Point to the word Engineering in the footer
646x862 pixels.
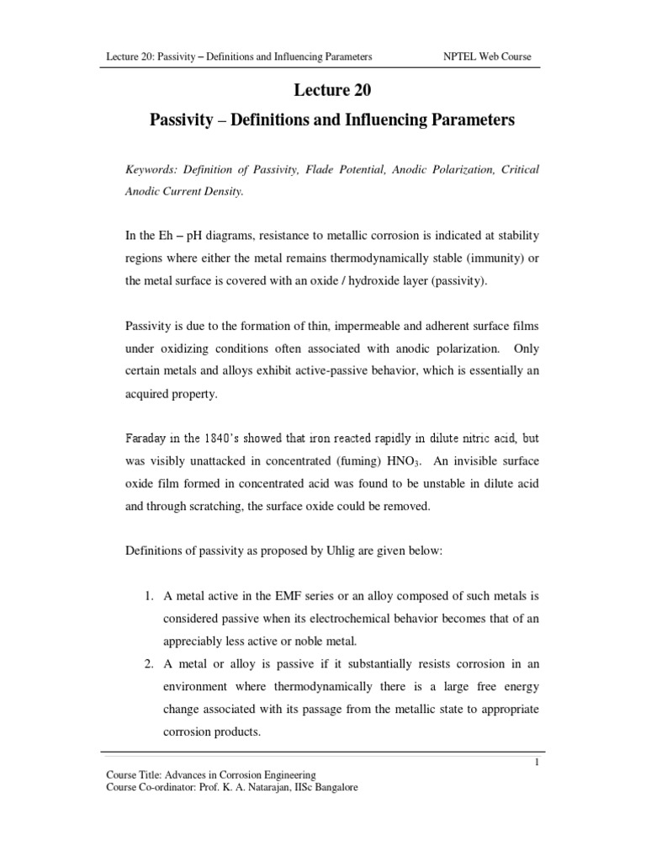[287, 774]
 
